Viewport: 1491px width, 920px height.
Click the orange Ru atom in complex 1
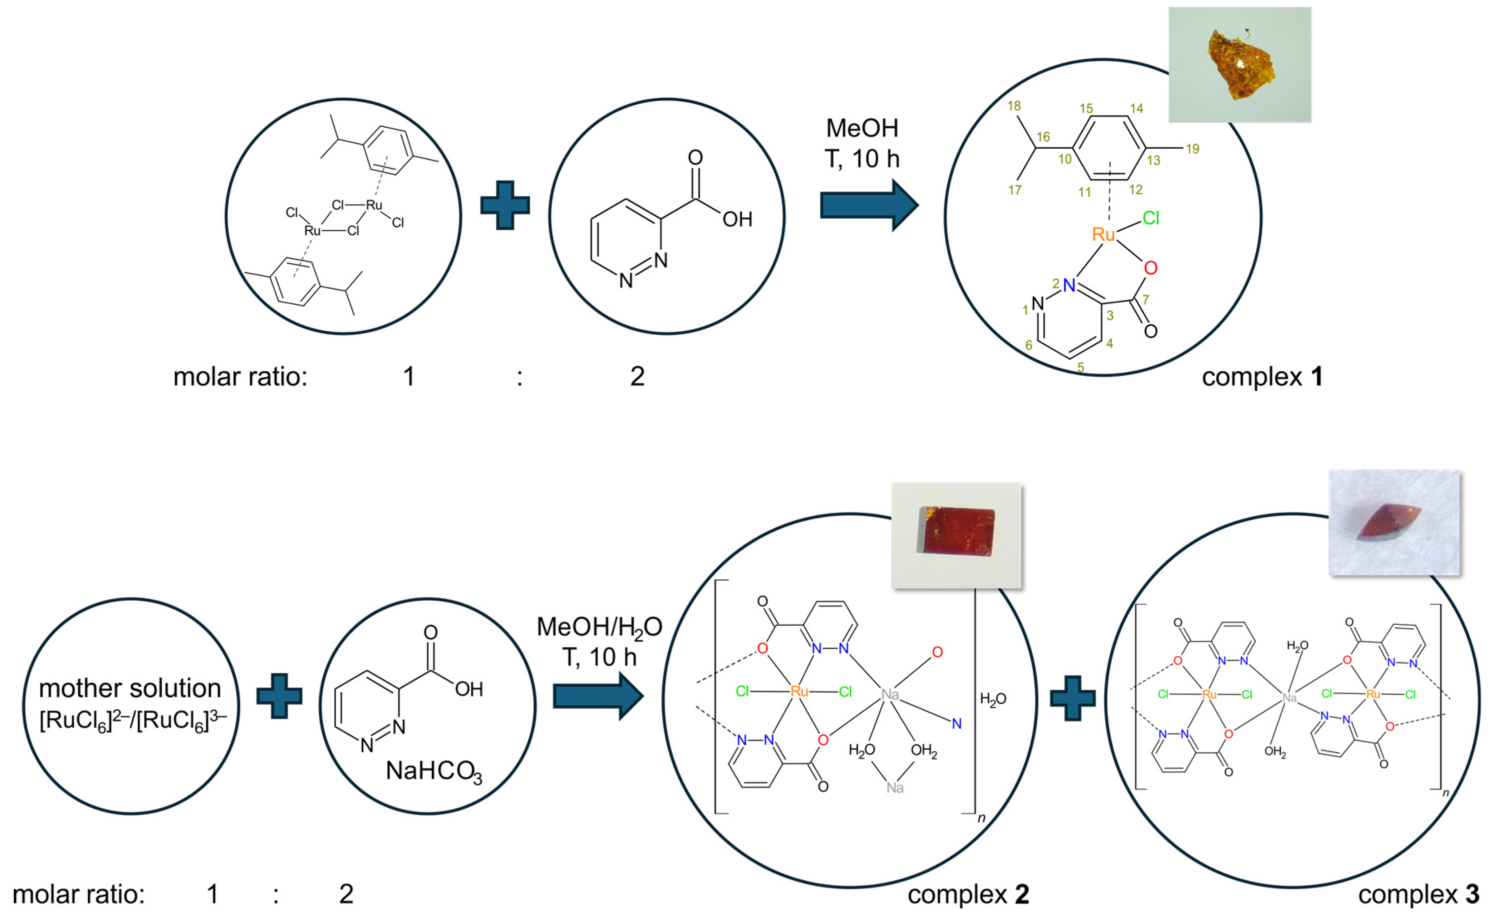tap(1103, 234)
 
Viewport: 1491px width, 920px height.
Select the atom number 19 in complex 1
tap(1192, 149)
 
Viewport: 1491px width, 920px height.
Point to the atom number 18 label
tap(1013, 106)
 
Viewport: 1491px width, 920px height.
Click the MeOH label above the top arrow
tap(862, 128)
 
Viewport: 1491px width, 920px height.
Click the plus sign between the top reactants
tap(505, 205)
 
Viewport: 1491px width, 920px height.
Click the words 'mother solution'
tap(130, 688)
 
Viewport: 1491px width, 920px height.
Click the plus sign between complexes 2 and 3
tap(1073, 698)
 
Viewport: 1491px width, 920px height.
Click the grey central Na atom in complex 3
tap(1289, 698)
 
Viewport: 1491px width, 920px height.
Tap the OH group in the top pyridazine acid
tap(737, 219)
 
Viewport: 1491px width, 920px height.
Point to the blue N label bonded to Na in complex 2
tap(956, 723)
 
